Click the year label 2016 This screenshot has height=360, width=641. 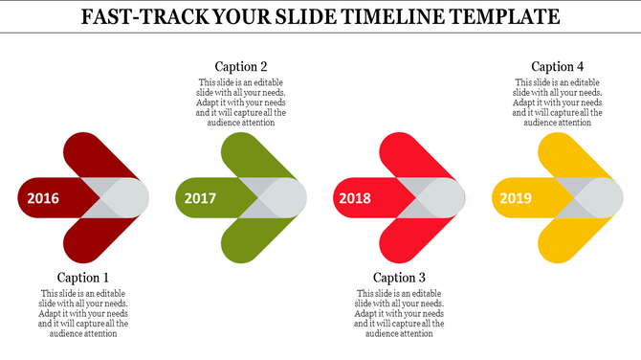point(43,199)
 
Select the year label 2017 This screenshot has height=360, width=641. point(200,199)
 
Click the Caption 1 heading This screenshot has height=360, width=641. point(83,278)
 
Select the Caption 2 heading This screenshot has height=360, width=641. point(241,66)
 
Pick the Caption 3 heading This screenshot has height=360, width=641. point(399,278)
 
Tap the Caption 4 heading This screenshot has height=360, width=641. point(558,66)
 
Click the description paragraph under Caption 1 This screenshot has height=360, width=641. point(83,313)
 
